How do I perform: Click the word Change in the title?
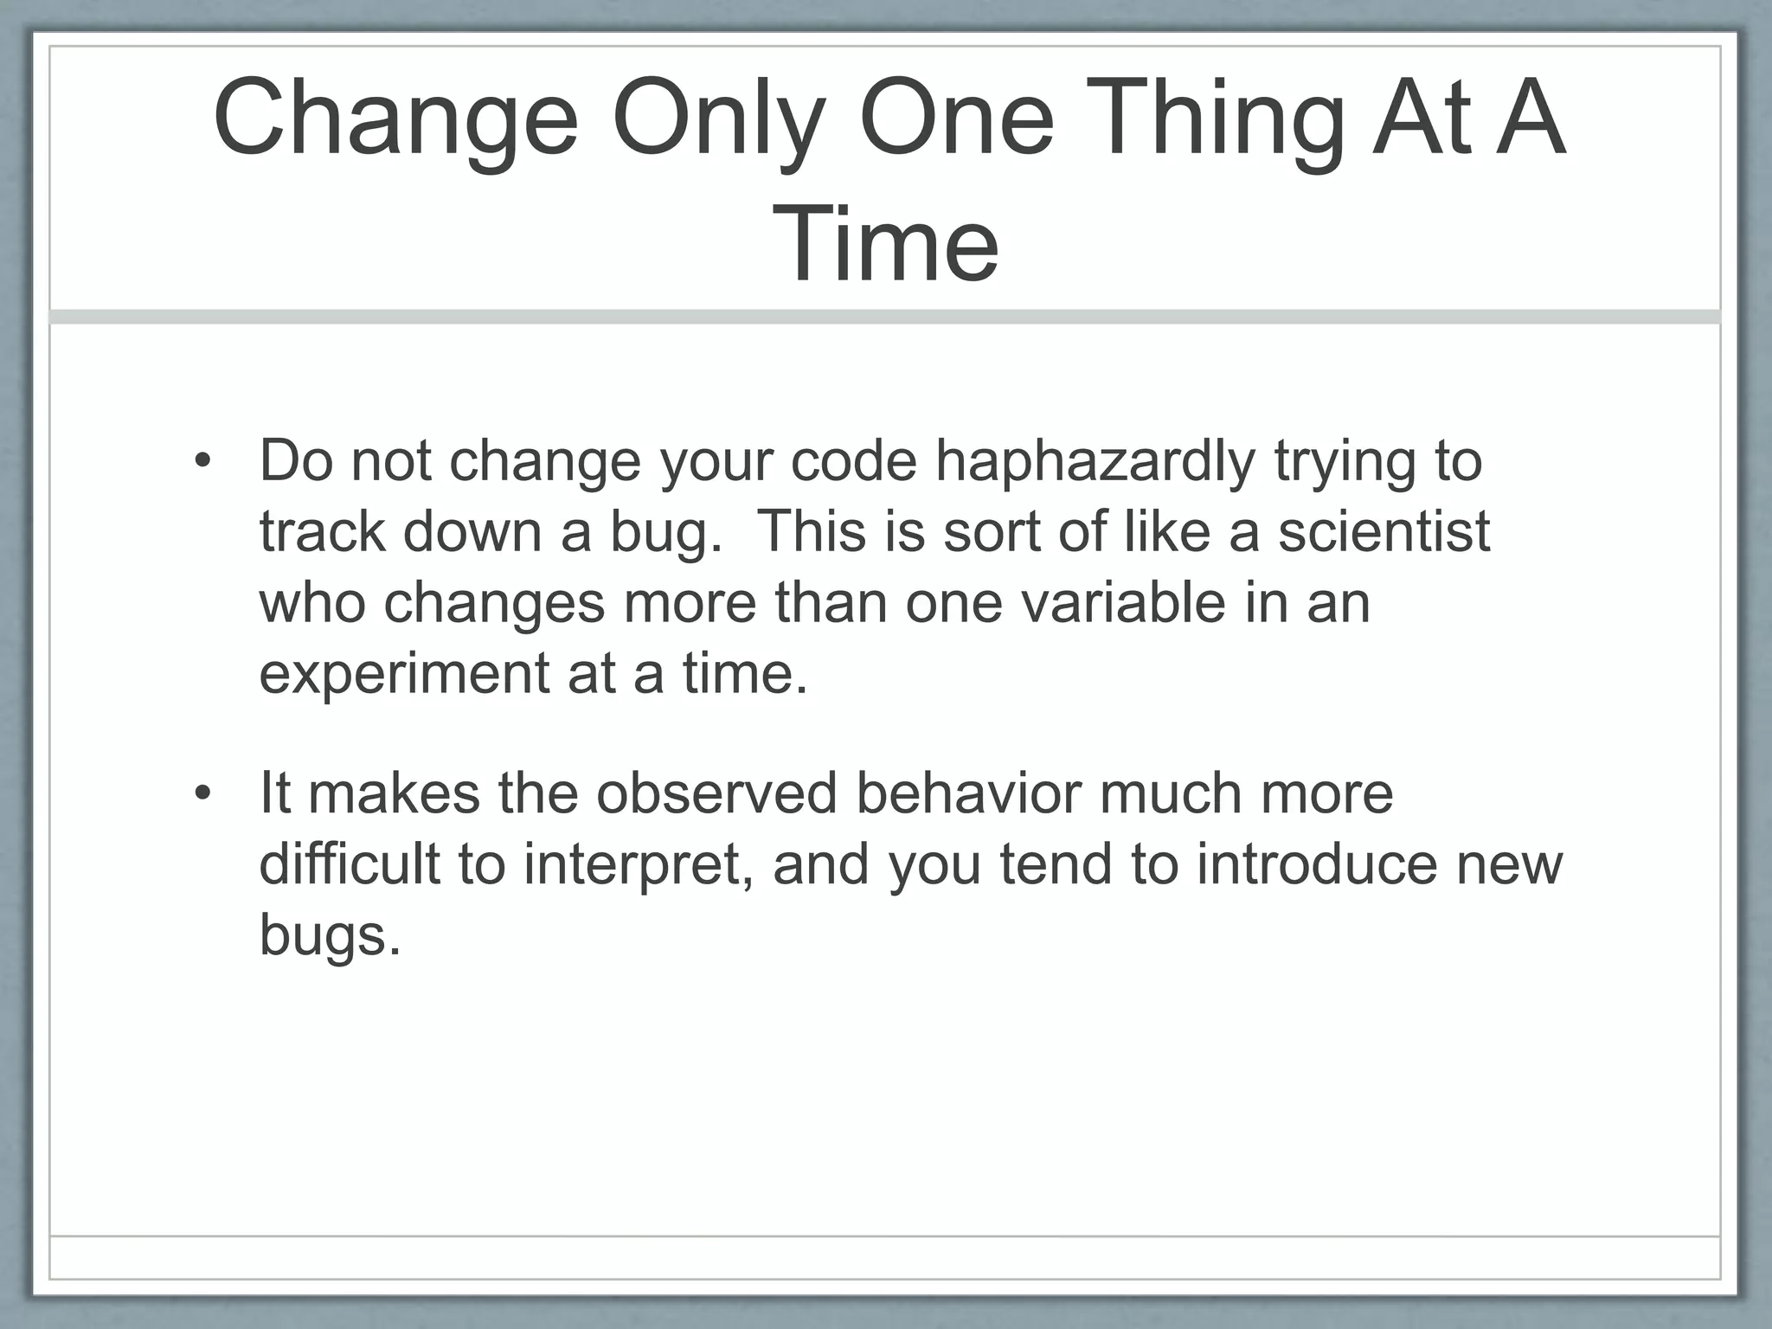click(x=395, y=119)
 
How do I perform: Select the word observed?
click(x=716, y=793)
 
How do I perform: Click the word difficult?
click(x=350, y=864)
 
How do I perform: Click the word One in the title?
click(x=956, y=119)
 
